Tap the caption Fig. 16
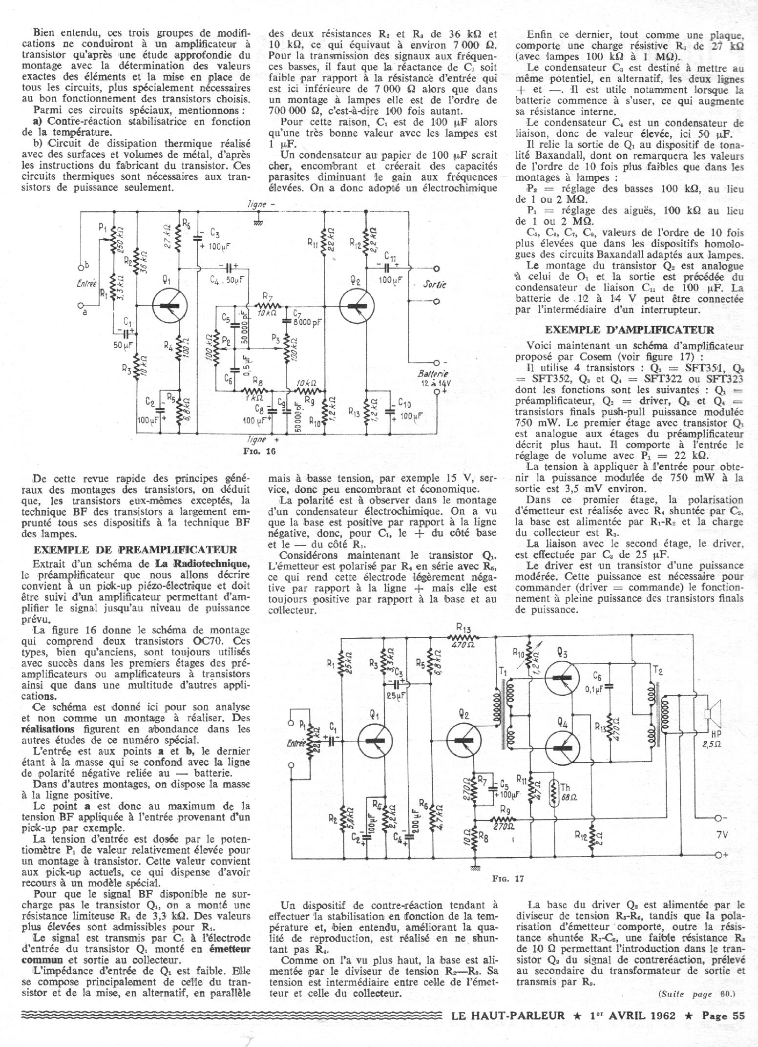tap(259, 451)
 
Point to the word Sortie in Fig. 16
tap(434, 285)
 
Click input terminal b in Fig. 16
tap(82, 267)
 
